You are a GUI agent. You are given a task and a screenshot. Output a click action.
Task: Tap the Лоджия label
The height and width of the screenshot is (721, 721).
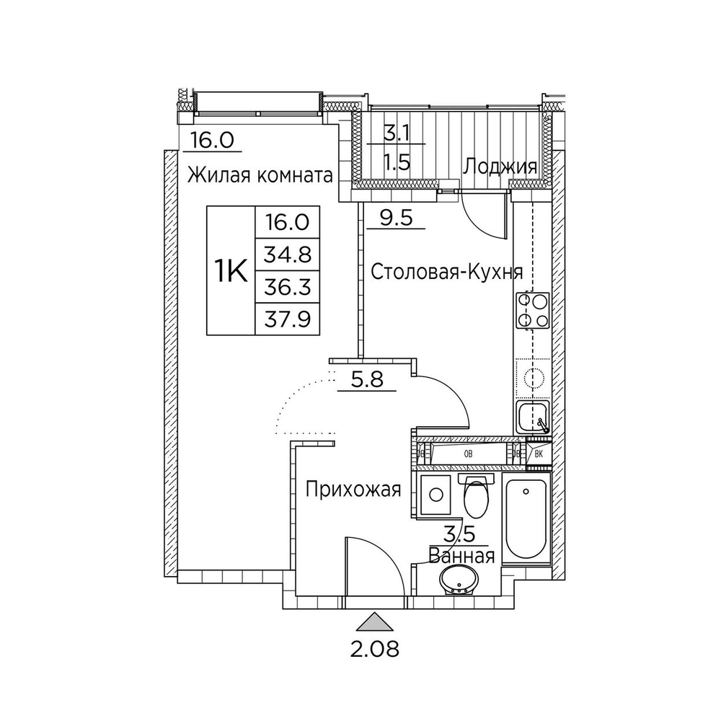[500, 167]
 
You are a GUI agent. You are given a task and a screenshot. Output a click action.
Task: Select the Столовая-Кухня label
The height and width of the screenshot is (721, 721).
[446, 272]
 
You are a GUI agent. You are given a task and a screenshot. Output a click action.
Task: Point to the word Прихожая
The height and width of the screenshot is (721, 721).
[353, 491]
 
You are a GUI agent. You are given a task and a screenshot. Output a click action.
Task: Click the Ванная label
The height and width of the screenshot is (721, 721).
[461, 556]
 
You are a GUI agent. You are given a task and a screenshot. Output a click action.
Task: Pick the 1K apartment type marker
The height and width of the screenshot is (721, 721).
[231, 272]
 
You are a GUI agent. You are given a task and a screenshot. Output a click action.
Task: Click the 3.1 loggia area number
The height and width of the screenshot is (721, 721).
[395, 133]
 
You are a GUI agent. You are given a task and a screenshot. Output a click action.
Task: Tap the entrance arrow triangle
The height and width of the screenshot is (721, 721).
[373, 621]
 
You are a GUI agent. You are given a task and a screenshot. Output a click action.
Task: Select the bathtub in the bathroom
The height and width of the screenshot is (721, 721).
[525, 520]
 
